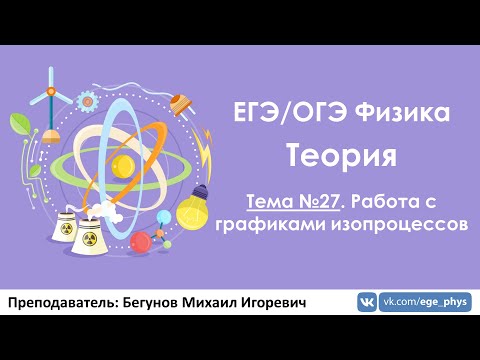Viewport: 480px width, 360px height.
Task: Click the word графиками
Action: click(x=297, y=224)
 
